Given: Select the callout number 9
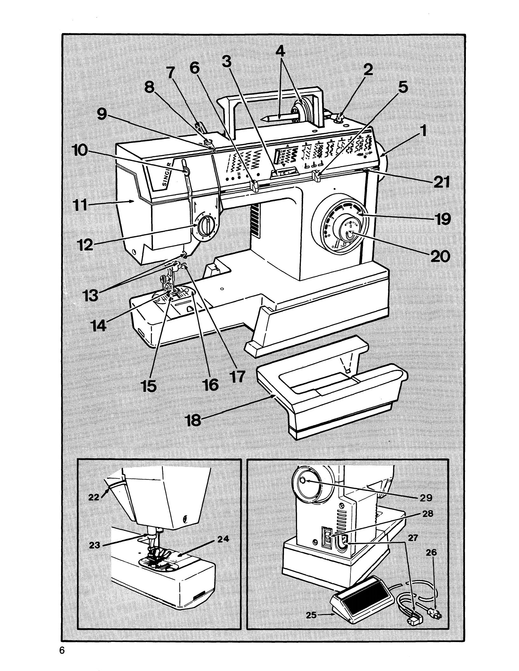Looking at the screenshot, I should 102,115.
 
